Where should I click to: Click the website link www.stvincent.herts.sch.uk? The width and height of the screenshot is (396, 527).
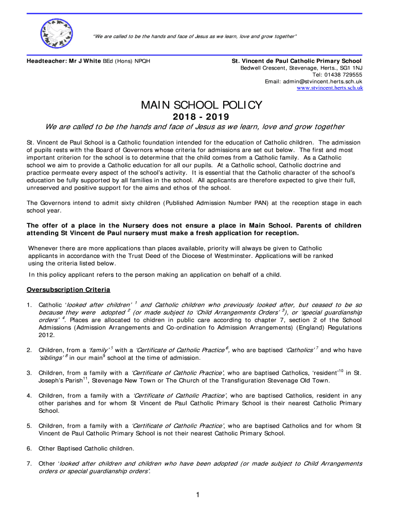[330, 88]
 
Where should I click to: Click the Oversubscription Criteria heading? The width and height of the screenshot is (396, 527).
[68, 290]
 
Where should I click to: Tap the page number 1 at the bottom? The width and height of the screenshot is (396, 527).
[197, 495]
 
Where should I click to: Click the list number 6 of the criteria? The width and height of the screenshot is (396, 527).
[29, 448]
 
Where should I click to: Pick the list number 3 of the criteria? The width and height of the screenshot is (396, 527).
[29, 373]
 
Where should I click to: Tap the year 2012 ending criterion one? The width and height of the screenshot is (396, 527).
[47, 335]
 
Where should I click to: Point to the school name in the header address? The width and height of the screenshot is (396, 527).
[297, 61]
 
